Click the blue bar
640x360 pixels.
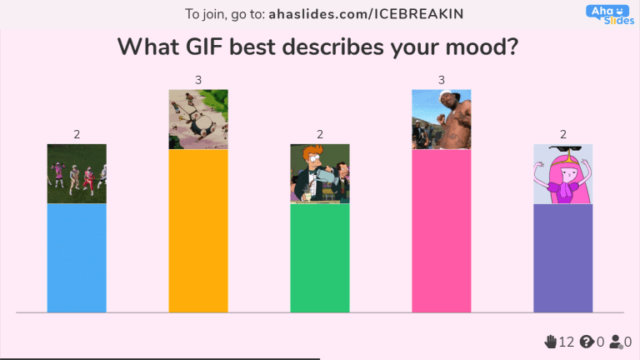point(77,258)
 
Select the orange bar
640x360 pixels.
point(198,231)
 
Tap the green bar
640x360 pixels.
point(320,258)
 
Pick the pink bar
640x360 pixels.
point(442,231)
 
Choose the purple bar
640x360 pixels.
point(563,258)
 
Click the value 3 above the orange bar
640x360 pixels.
point(198,80)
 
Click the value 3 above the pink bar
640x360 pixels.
point(442,80)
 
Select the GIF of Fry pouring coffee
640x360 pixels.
point(320,173)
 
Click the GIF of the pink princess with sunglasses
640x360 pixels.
point(563,173)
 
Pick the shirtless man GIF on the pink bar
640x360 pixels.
point(442,118)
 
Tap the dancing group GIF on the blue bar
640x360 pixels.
point(77,173)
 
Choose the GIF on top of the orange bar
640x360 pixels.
point(198,118)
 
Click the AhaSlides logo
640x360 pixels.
point(610,14)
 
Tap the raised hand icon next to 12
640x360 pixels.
point(550,342)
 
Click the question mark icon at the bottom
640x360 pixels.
point(586,342)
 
